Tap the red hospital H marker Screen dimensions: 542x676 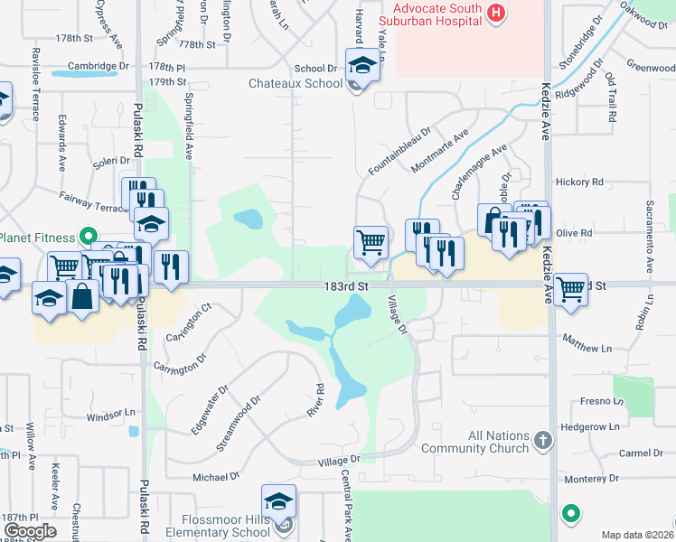click(x=495, y=13)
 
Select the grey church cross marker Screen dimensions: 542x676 click(x=542, y=440)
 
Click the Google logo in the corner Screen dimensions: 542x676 click(x=29, y=530)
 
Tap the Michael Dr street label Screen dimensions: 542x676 click(x=216, y=476)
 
